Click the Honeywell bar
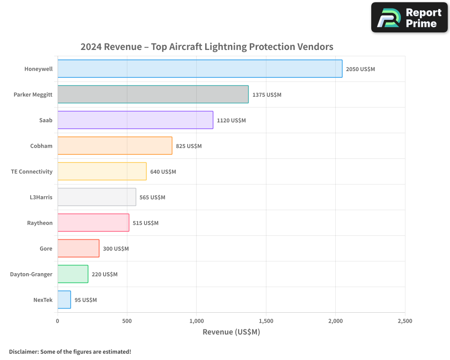(x=200, y=69)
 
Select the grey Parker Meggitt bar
(x=153, y=94)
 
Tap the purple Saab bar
(x=135, y=120)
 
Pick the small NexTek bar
(x=64, y=300)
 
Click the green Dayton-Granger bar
(x=73, y=274)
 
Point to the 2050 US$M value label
(x=360, y=69)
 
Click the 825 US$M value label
(x=189, y=146)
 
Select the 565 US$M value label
(x=152, y=198)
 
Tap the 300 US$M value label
(x=116, y=249)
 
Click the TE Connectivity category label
(x=31, y=171)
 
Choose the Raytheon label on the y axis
(x=40, y=223)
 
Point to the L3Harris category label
(x=40, y=197)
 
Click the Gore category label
(x=46, y=248)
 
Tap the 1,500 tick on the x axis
(x=266, y=321)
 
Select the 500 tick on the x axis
(x=127, y=321)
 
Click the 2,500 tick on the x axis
(x=405, y=321)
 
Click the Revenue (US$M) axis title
(x=231, y=332)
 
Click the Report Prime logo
(x=409, y=18)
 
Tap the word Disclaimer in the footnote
(x=23, y=351)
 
